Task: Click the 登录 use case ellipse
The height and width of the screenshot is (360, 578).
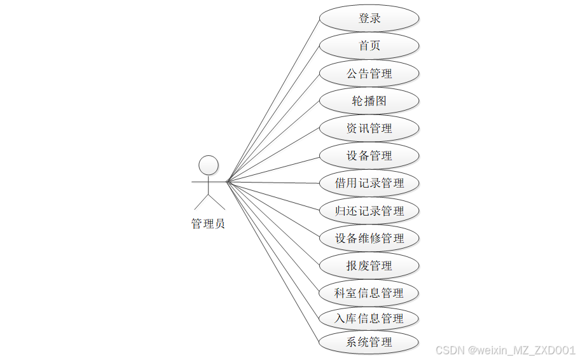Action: pos(369,18)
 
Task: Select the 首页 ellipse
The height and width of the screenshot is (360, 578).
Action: pos(369,46)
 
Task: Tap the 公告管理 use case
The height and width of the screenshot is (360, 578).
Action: pos(369,74)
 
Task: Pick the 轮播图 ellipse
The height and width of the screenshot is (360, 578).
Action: pos(369,101)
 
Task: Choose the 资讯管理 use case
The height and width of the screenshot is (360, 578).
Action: pos(369,128)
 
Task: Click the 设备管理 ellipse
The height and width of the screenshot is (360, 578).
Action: pos(369,156)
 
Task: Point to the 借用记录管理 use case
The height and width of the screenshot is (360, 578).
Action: pos(369,183)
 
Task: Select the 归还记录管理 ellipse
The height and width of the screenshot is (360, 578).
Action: pos(369,211)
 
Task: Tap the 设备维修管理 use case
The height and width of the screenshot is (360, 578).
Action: pos(369,239)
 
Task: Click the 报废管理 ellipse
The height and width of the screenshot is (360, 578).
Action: pos(369,266)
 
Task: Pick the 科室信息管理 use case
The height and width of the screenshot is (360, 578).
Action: pos(369,293)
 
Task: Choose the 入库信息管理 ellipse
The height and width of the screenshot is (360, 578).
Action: pos(369,318)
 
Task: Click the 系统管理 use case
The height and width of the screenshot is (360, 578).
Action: pos(369,342)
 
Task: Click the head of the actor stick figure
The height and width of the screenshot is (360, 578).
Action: pos(209,165)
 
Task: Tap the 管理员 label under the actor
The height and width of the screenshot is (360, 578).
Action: pos(208,224)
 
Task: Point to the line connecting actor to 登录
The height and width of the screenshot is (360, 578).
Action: pos(272,100)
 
